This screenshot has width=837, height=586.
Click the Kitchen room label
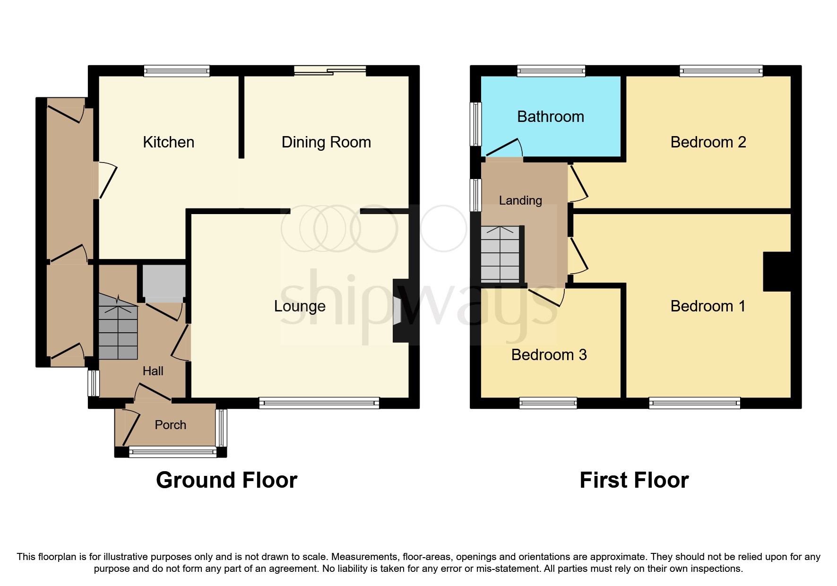click(x=168, y=142)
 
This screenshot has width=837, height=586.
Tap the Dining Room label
click(x=326, y=142)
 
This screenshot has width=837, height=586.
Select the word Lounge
click(x=300, y=306)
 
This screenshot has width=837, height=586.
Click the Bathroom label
click(x=551, y=117)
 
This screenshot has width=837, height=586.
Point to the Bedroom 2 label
click(x=708, y=142)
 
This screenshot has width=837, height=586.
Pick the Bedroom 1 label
click(x=708, y=306)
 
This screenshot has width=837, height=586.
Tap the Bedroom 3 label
click(x=549, y=355)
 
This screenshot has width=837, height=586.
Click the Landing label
click(x=520, y=200)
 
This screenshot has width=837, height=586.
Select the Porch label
click(x=170, y=425)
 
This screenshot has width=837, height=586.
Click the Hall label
click(x=153, y=371)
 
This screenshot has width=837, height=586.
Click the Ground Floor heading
click(x=226, y=480)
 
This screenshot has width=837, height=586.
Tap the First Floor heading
click(x=634, y=480)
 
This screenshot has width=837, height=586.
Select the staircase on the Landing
click(x=500, y=254)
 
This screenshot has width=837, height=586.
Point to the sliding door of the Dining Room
click(x=330, y=71)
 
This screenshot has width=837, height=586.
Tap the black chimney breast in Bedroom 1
click(x=777, y=272)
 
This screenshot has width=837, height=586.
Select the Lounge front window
click(x=319, y=403)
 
